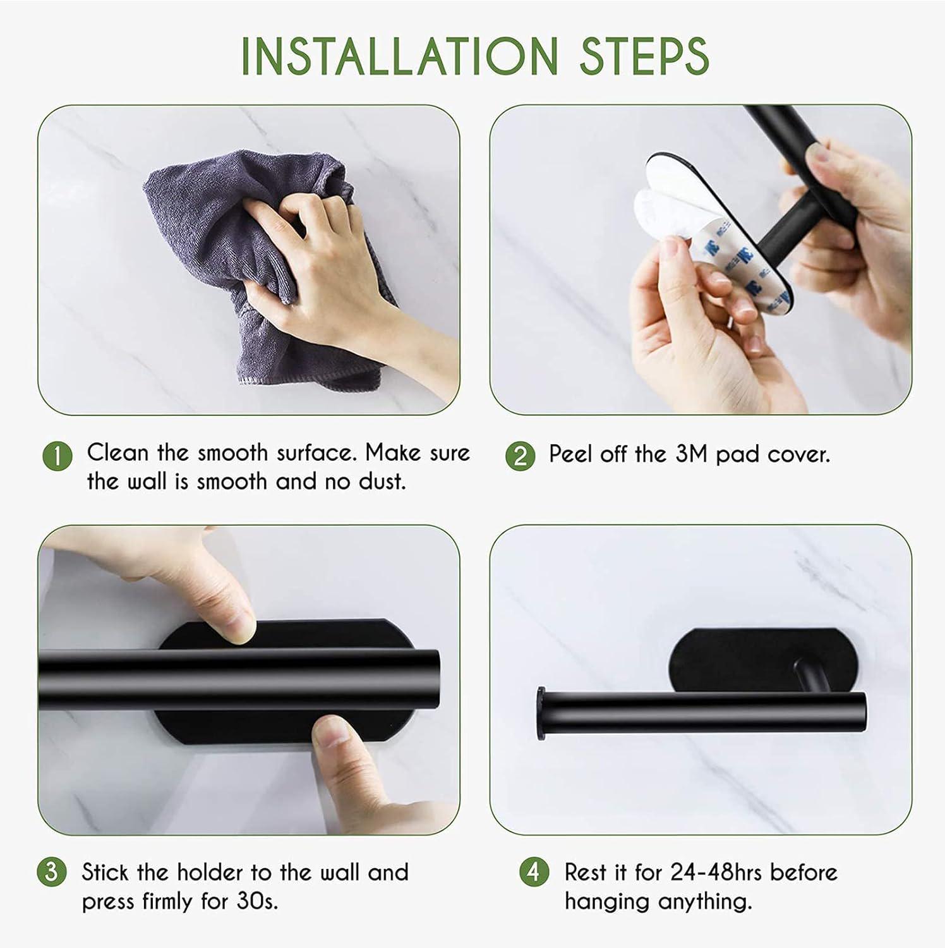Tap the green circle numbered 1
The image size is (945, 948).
pos(57,456)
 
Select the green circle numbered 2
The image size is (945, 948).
pos(521,456)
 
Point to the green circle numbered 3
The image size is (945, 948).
pos(51,872)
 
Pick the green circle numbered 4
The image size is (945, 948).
pos(534,872)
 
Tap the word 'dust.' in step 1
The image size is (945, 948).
pos(382,482)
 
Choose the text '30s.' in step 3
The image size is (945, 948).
pos(257,901)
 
